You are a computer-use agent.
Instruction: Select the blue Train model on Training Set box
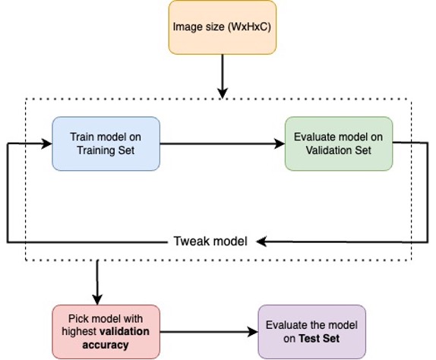(x=106, y=143)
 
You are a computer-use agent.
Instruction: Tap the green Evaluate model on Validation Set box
(x=338, y=143)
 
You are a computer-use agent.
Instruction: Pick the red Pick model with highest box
(x=106, y=330)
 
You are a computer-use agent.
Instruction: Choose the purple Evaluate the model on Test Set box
(x=311, y=330)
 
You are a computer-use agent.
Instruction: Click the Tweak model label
(x=210, y=242)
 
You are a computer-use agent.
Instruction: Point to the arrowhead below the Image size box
(x=222, y=92)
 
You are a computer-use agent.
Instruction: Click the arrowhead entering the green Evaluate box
(x=278, y=143)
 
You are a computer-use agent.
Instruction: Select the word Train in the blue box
(x=84, y=137)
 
